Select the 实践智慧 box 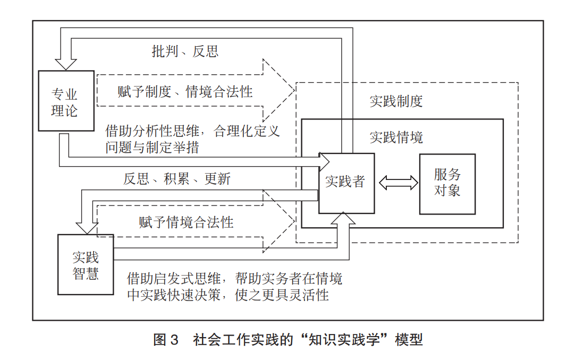click(x=86, y=265)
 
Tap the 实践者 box click(x=346, y=183)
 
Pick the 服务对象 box click(x=447, y=183)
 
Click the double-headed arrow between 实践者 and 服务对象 click(x=399, y=183)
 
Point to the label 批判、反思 click(x=185, y=52)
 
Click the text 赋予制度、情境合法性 click(x=185, y=91)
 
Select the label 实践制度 click(x=396, y=101)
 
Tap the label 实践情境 click(x=396, y=138)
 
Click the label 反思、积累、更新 click(x=177, y=178)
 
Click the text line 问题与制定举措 click(x=152, y=147)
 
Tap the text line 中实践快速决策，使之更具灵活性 click(x=228, y=294)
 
